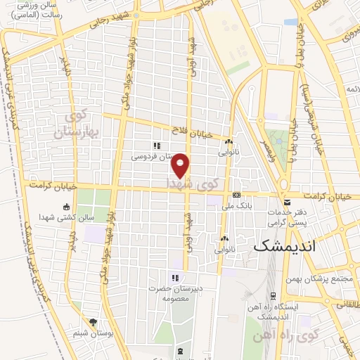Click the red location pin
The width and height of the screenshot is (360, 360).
[x=181, y=165]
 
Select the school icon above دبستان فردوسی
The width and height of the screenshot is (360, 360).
[x=158, y=146]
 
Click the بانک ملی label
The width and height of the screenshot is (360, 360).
[x=236, y=205]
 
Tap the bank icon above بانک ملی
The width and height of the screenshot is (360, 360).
[x=236, y=195]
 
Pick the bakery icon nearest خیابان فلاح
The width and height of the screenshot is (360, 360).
[x=229, y=143]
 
